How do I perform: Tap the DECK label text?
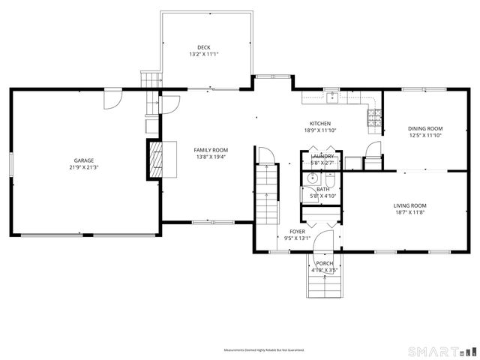[204, 47]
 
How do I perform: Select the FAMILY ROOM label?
[211, 150]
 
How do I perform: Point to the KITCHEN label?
[320, 124]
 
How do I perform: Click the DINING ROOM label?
[425, 128]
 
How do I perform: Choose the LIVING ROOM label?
[409, 205]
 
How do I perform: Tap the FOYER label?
[297, 232]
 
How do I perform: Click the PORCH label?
[324, 263]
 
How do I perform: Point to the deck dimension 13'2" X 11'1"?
[204, 55]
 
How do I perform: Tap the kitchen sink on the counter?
[330, 97]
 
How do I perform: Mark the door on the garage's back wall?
[112, 97]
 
